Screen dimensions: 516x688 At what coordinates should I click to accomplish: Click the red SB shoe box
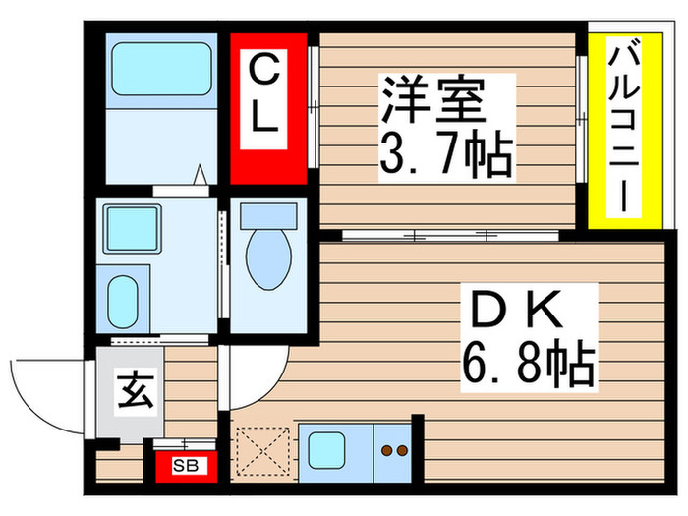click(x=184, y=464)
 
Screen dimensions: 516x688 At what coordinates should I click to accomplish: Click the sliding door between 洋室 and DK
click(x=452, y=236)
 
